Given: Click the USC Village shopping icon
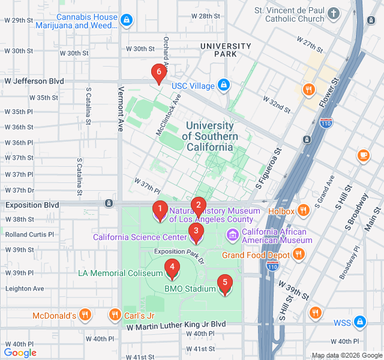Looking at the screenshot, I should (x=224, y=86).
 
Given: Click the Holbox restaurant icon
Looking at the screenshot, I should (x=304, y=211).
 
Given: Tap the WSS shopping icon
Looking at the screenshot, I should (x=359, y=322).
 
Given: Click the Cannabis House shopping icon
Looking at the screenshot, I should (x=125, y=21).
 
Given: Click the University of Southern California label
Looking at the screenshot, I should (x=209, y=136).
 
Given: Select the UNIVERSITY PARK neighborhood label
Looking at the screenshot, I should (x=226, y=50).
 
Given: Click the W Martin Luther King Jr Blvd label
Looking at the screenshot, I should (x=176, y=324).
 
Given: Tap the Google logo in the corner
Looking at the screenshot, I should (x=20, y=353).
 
